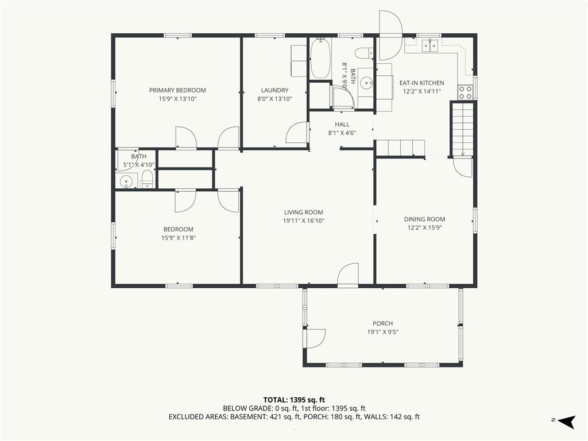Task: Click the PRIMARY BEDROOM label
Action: click(177, 90)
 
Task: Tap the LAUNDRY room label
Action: click(274, 90)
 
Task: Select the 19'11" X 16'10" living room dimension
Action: click(303, 221)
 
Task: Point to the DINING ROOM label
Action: click(424, 219)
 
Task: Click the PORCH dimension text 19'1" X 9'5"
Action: click(382, 332)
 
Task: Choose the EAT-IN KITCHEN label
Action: click(421, 83)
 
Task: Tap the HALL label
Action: click(342, 124)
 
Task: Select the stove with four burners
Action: click(465, 92)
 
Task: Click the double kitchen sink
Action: click(430, 46)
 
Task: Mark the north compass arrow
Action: click(567, 421)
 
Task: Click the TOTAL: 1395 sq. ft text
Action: click(294, 400)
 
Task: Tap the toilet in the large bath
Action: click(363, 53)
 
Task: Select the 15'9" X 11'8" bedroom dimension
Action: click(179, 238)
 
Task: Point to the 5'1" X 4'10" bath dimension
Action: click(139, 165)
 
